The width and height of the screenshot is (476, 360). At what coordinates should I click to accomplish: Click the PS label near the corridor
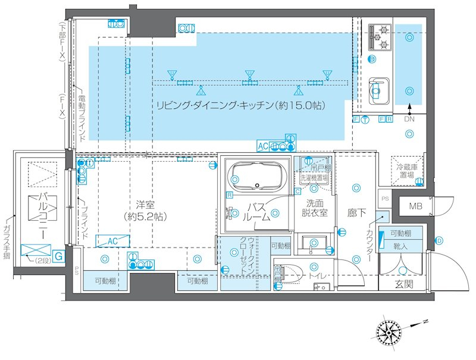click(384, 198)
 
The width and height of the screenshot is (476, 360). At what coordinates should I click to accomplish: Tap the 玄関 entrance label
click(407, 283)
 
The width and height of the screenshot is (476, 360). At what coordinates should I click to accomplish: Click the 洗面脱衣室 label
click(312, 208)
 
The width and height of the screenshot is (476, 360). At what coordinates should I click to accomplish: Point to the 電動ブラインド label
click(82, 117)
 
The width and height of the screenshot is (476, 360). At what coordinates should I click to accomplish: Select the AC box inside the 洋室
click(111, 241)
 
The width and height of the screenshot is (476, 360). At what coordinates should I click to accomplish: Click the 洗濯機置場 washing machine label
click(314, 177)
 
